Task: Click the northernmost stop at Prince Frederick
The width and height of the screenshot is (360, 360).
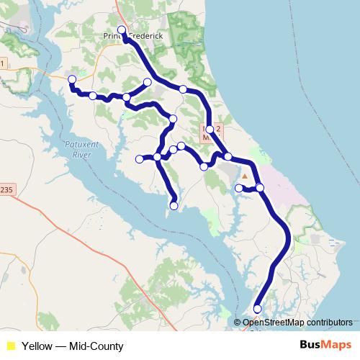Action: [122, 30]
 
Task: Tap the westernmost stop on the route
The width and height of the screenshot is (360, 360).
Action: [71, 79]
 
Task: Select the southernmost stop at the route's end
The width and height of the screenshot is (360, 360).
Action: [258, 309]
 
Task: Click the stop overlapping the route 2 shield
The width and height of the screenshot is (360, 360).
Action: [210, 130]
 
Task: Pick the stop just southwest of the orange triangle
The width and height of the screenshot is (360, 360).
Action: [239, 188]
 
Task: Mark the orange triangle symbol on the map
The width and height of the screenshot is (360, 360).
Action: [245, 176]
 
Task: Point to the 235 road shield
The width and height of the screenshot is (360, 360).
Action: [5, 189]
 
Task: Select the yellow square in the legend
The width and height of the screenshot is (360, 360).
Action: [10, 346]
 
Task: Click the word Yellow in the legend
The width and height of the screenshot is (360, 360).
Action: [36, 346]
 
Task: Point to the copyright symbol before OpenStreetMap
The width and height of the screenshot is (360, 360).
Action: [238, 323]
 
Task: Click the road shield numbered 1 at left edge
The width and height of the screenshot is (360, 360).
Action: [2, 64]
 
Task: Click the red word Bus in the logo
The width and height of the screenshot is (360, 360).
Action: [312, 346]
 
